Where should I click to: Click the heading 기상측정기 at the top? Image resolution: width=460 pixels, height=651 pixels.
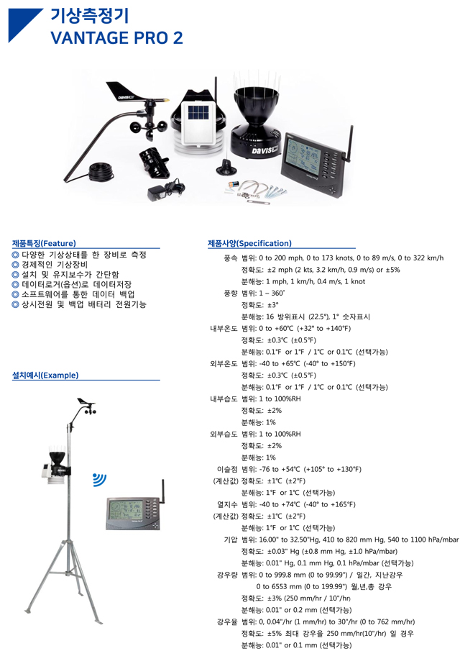[x=90, y=16]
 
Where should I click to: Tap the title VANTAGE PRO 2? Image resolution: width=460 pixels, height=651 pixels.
[x=116, y=37]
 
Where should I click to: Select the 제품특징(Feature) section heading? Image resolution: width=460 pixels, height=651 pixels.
[x=44, y=243]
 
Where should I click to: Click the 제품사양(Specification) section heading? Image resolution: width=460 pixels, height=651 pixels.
[x=249, y=243]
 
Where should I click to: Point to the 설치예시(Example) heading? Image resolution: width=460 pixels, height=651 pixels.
[x=45, y=375]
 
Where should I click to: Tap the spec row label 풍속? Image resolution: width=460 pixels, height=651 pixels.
[x=230, y=258]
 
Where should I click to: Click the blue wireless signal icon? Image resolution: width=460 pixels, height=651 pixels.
[x=99, y=480]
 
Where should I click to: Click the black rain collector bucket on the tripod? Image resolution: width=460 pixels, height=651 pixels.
[x=57, y=460]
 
